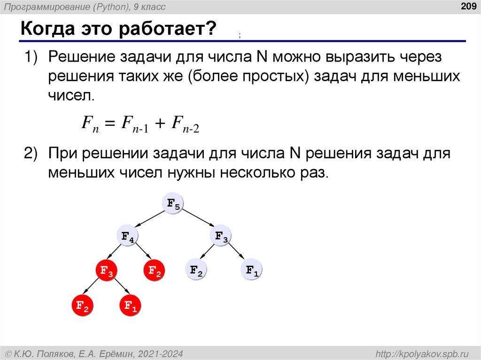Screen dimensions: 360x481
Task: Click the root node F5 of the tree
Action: click(x=172, y=204)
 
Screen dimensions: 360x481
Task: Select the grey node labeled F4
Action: click(x=127, y=237)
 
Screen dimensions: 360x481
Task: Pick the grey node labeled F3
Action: click(x=221, y=237)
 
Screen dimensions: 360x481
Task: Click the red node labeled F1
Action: click(x=130, y=306)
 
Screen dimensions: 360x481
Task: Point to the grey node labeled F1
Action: click(x=252, y=270)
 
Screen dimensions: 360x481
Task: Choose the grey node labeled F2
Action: click(x=196, y=270)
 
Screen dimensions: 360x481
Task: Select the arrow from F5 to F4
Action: click(x=149, y=221)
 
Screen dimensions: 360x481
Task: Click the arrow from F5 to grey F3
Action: click(x=196, y=221)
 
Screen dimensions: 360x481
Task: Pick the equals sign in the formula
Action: click(x=109, y=125)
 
